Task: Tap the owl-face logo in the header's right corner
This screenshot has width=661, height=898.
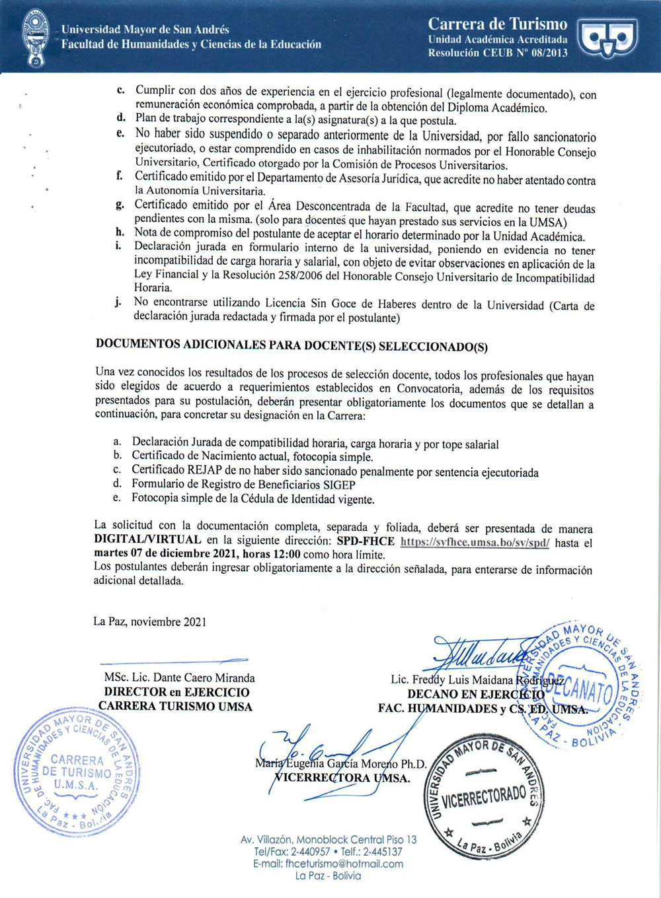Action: (607, 37)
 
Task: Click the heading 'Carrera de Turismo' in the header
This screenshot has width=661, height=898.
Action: (497, 24)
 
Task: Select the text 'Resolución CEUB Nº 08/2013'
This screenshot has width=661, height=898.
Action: (497, 53)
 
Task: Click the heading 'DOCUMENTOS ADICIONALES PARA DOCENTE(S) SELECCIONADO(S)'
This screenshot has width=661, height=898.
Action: (292, 345)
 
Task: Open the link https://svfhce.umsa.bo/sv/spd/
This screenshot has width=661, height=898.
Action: (475, 542)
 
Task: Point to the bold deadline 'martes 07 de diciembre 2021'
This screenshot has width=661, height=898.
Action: (165, 555)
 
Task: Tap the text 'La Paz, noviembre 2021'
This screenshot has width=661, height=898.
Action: (150, 621)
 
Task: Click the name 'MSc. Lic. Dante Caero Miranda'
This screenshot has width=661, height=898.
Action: (179, 677)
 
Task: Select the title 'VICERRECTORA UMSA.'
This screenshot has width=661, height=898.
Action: (342, 778)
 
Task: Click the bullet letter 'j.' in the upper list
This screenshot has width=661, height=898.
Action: (118, 302)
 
